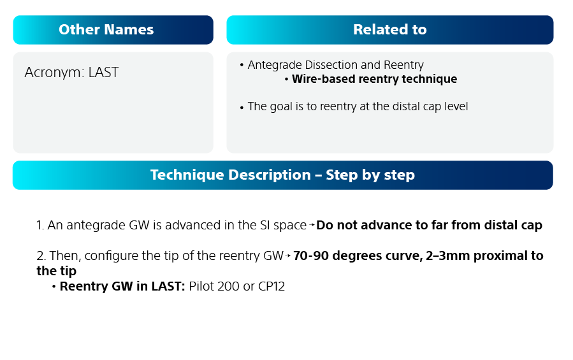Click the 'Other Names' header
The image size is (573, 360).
click(x=106, y=30)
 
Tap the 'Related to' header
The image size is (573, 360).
click(x=389, y=30)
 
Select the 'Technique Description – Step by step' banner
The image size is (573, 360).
click(x=282, y=175)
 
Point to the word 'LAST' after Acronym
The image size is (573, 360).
click(x=103, y=73)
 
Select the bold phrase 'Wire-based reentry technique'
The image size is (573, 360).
click(x=374, y=80)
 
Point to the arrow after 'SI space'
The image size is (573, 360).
click(x=312, y=226)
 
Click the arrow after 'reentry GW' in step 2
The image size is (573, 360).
click(x=289, y=256)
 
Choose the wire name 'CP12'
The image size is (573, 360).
click(x=271, y=287)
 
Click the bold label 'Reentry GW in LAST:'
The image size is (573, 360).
click(x=122, y=287)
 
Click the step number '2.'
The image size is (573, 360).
click(x=41, y=256)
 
